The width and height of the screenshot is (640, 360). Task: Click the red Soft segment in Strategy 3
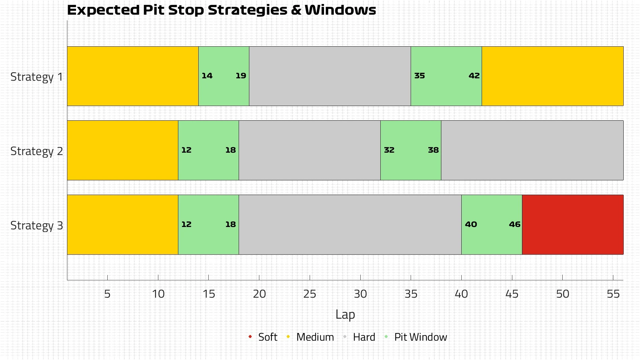click(x=572, y=224)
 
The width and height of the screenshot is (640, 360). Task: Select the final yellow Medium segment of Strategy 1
click(x=552, y=76)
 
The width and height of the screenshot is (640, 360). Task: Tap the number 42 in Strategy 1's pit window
click(x=474, y=76)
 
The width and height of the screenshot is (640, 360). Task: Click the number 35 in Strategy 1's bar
click(x=419, y=76)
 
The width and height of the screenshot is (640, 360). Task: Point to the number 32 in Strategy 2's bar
click(x=389, y=150)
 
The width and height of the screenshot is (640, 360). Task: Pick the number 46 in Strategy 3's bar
click(x=514, y=224)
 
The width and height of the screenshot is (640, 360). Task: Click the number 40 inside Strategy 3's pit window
click(x=471, y=224)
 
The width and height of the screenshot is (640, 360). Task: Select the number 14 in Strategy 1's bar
click(x=207, y=76)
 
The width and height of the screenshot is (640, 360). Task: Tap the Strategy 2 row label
click(x=37, y=151)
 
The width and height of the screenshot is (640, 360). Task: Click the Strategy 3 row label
click(x=37, y=225)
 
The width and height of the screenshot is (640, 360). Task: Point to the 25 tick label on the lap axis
click(x=309, y=294)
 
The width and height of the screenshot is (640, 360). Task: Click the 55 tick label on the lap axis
click(x=613, y=294)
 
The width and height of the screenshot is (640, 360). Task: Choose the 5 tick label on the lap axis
click(x=107, y=294)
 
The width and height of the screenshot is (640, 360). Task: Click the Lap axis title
click(x=345, y=314)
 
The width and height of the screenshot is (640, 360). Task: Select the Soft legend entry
click(x=267, y=337)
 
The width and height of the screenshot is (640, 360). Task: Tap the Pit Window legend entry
click(x=420, y=337)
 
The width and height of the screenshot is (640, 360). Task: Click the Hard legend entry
click(x=364, y=337)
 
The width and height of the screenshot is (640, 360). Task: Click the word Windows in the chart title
click(x=340, y=10)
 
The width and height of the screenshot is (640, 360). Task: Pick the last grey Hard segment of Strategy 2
click(x=532, y=150)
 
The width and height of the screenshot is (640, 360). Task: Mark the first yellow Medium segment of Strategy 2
click(x=123, y=150)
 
